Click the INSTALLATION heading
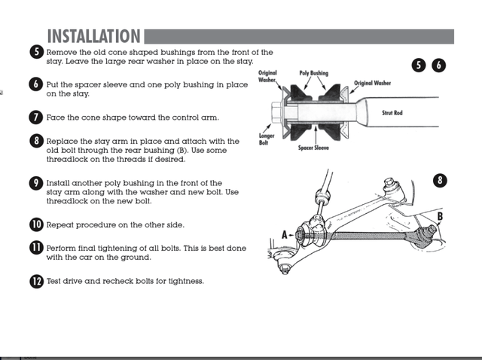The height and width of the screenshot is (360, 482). pos(93,36)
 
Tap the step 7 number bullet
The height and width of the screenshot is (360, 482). pos(36,117)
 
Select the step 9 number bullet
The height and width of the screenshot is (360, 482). pos(36,183)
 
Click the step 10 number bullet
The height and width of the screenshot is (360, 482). pos(36,224)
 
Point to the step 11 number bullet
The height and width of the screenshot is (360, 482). pos(36,248)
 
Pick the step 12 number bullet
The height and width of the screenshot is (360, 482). pos(36,281)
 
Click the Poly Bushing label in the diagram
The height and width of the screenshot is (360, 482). pos(314,74)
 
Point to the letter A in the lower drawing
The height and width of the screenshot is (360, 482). pos(285,234)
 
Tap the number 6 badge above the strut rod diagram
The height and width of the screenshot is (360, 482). pos(439,66)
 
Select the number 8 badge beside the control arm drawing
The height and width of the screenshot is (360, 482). pos(441,181)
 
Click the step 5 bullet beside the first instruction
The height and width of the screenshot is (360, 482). pos(36,52)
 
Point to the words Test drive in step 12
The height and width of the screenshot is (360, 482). pos(67,281)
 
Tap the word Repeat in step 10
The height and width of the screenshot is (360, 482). pos(60,224)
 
